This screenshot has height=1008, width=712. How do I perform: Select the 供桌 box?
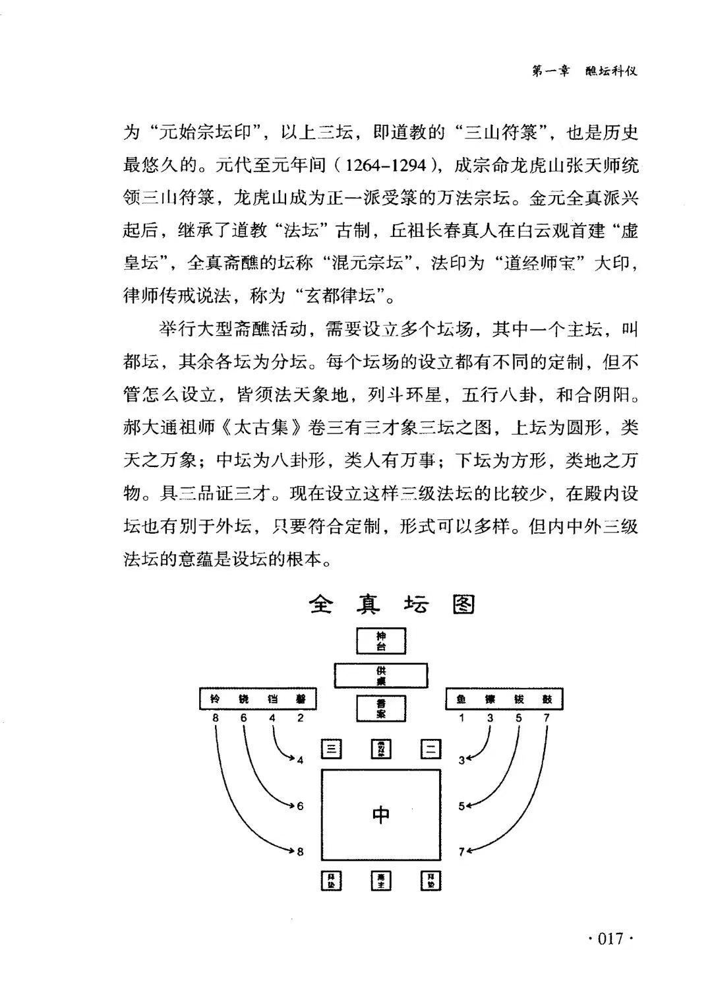tap(381, 676)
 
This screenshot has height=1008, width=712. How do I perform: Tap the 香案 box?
tap(381, 709)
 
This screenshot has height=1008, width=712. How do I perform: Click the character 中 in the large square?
tap(381, 815)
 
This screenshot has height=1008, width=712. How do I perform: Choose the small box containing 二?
tap(430, 749)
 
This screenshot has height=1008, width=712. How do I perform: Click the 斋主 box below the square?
tap(381, 881)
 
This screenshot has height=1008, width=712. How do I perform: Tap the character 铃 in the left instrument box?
tap(215, 699)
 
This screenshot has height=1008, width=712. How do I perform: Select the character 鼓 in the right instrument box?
tap(548, 699)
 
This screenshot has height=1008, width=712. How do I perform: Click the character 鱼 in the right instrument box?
tap(461, 699)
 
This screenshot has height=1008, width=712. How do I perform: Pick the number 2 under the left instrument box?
tap(301, 718)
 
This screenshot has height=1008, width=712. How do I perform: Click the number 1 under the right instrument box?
tap(461, 718)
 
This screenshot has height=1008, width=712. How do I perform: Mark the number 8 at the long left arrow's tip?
tap(301, 852)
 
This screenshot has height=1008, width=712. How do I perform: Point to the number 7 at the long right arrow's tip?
tap(462, 852)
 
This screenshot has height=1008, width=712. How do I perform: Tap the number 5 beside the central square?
tap(462, 805)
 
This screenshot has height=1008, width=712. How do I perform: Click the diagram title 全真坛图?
tap(392, 604)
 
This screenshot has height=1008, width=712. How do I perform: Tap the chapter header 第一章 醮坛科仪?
tap(585, 72)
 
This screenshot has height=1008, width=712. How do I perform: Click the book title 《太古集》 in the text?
tap(263, 427)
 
